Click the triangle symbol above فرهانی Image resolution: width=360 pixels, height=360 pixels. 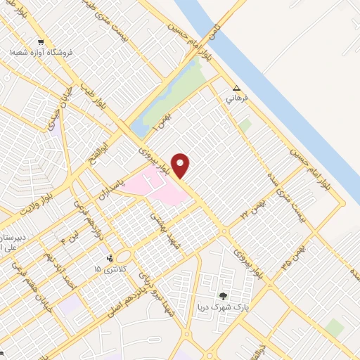[236, 89]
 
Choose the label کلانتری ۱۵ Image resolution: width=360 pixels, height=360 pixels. [108, 269]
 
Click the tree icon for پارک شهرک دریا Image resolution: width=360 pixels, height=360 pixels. [224, 297]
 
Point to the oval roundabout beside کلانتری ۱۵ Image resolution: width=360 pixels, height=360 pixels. [124, 257]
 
